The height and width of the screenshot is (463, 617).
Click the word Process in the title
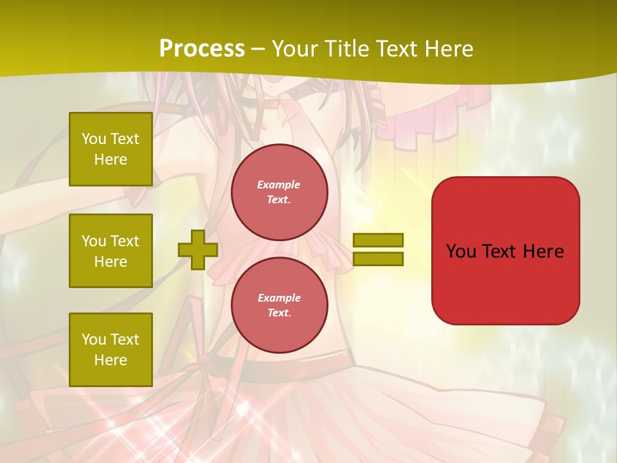coord(202,49)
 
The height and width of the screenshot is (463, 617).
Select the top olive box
coord(111,149)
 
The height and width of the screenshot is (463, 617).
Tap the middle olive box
coord(111,251)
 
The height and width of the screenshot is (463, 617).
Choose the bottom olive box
coord(111,349)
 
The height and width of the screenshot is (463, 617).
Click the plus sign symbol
coord(198,250)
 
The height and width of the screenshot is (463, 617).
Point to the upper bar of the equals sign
coord(378,240)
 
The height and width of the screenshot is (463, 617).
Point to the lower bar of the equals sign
coord(378,259)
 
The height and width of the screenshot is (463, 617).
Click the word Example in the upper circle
coord(279,185)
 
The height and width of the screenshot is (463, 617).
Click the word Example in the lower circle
coord(279,298)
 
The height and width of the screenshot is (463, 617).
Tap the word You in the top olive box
coord(93,139)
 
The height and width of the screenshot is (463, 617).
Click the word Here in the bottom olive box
coord(111,360)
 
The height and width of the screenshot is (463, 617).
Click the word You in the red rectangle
coord(460,251)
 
